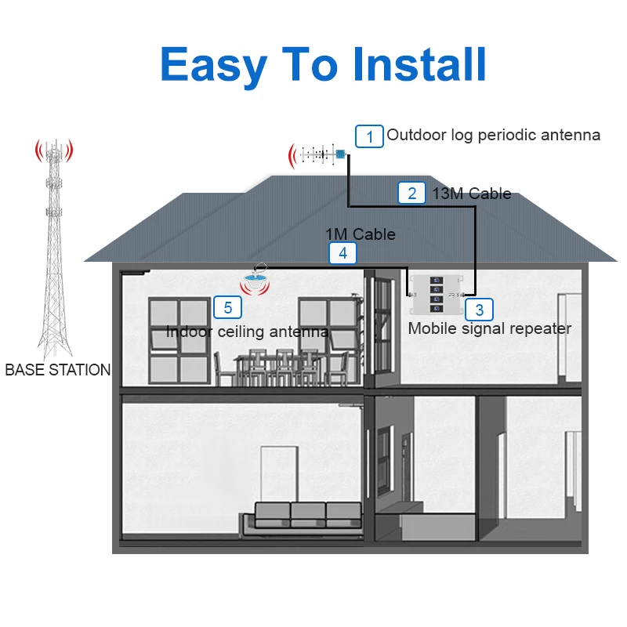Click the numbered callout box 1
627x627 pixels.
[369, 136]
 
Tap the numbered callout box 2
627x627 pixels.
[412, 193]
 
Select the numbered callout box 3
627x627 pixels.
[479, 309]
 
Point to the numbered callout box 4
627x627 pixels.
[342, 253]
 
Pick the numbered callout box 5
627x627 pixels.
[228, 307]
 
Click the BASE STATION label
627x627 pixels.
[57, 370]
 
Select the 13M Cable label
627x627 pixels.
[472, 193]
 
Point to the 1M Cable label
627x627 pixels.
[361, 234]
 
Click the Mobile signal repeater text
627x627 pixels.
[490, 328]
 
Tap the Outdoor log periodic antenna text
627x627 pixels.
[494, 135]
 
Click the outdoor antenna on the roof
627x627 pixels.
[320, 154]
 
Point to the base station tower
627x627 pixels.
[53, 243]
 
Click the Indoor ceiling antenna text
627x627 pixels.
[247, 332]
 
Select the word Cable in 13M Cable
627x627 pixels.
[489, 193]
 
